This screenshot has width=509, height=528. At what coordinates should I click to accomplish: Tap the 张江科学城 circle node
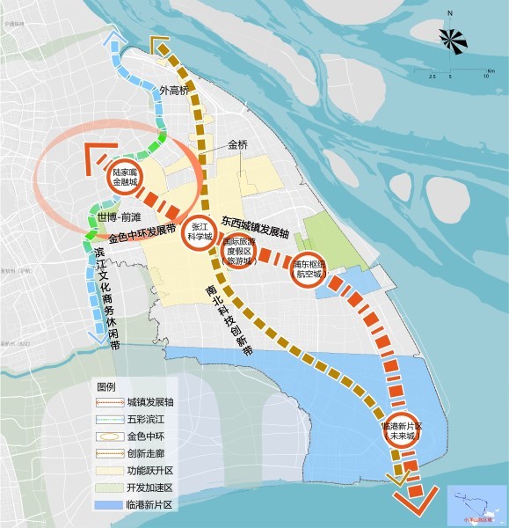(199, 231)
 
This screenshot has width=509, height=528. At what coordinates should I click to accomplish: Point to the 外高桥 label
(175, 90)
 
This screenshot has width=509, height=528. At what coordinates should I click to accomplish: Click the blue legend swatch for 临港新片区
(106, 504)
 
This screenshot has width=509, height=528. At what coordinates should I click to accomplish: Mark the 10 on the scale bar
(485, 77)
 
